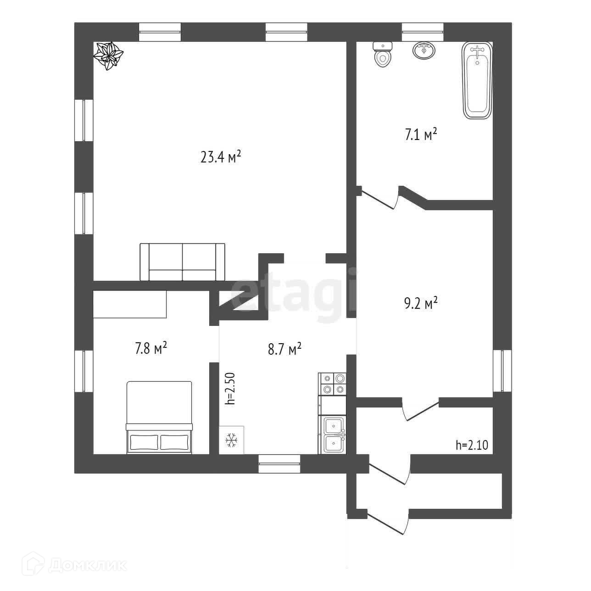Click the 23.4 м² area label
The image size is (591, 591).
pos(221,158)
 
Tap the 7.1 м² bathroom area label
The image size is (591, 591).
pos(420,135)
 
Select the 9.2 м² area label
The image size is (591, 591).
pos(420,304)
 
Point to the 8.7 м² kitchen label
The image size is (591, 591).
pos(284,350)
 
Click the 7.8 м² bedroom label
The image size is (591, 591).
pos(151,348)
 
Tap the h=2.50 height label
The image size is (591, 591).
pos(230,388)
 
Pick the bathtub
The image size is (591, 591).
pos(478,81)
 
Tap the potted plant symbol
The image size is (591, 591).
pos(109,56)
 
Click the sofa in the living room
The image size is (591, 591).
pos(183,262)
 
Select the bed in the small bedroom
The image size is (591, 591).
pos(159,418)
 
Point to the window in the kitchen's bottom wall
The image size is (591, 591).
pos(279,463)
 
